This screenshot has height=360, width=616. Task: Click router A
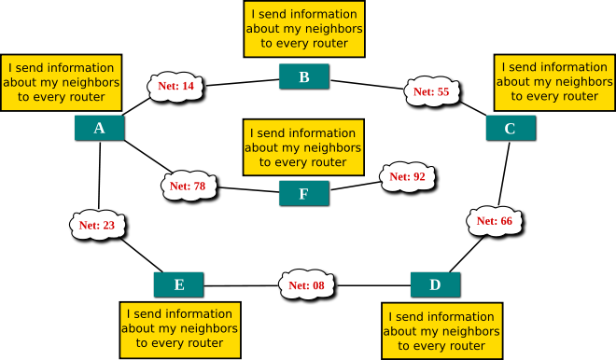99,128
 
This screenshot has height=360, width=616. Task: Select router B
303,76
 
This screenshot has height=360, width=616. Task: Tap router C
510,128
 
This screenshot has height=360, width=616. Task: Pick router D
435,284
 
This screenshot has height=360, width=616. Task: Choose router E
178,284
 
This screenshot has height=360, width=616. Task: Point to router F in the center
303,193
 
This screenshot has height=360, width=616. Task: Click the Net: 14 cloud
175,87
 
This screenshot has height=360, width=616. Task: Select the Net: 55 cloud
431,91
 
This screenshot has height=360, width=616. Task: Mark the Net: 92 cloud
407,176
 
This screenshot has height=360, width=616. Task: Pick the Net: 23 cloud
97,225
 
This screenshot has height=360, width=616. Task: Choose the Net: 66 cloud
494,221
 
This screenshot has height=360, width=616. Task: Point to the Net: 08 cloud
306,284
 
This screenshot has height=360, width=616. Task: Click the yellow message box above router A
62,82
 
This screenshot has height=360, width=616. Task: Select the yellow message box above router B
303,29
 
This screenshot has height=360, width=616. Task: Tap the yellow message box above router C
554,82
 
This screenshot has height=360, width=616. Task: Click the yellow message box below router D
441,331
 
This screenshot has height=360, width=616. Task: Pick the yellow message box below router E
180,329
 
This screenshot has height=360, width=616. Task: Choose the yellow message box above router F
303,147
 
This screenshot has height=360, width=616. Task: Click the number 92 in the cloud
419,176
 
